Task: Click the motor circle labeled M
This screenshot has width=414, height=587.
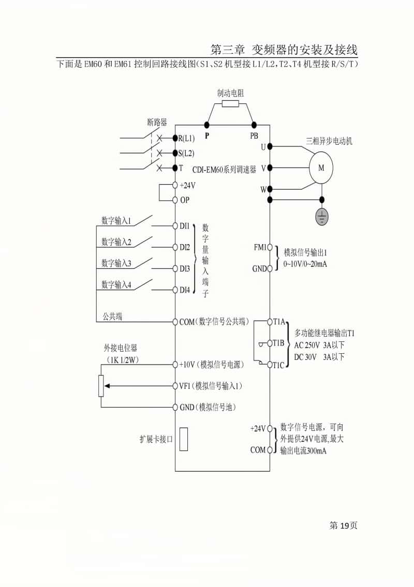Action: (321, 168)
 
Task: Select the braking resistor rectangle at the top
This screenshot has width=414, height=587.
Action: (230, 103)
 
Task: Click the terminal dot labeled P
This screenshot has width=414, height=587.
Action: (206, 125)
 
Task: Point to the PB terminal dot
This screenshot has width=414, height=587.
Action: (254, 125)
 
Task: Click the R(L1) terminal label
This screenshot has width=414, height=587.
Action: (186, 139)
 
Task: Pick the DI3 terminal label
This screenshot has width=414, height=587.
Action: (185, 269)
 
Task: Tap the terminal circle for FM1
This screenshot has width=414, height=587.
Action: (270, 248)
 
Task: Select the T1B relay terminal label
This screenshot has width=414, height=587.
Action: (278, 343)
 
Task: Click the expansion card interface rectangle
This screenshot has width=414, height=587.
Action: (184, 439)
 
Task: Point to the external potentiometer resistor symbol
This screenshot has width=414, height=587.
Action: (101, 386)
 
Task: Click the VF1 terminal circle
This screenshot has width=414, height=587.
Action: (175, 386)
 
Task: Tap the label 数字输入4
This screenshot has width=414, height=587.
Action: (116, 284)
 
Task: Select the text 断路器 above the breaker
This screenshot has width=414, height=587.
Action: (157, 122)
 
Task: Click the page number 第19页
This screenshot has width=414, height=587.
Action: (343, 525)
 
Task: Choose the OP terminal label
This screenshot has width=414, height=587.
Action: (185, 200)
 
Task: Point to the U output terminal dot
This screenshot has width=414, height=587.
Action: (270, 147)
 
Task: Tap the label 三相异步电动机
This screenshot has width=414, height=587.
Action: (329, 141)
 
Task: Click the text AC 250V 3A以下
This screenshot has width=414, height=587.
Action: (319, 345)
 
